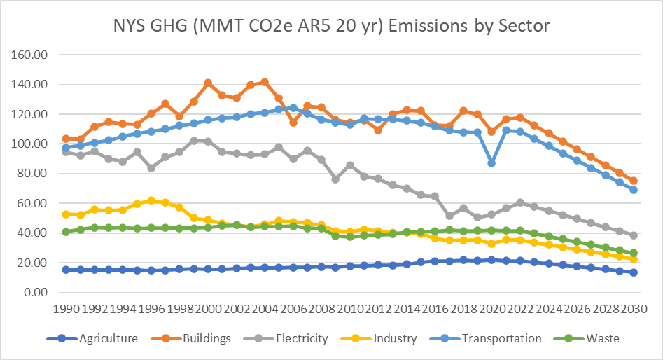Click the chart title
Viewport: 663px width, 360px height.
point(332,26)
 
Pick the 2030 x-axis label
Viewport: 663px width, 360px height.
point(634,308)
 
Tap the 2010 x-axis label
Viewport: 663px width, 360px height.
point(350,308)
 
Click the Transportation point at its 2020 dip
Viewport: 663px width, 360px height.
point(491,162)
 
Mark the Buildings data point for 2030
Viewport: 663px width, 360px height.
point(634,181)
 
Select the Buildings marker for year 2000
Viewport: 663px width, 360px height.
point(208,83)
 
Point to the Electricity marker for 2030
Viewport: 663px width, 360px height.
point(634,235)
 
